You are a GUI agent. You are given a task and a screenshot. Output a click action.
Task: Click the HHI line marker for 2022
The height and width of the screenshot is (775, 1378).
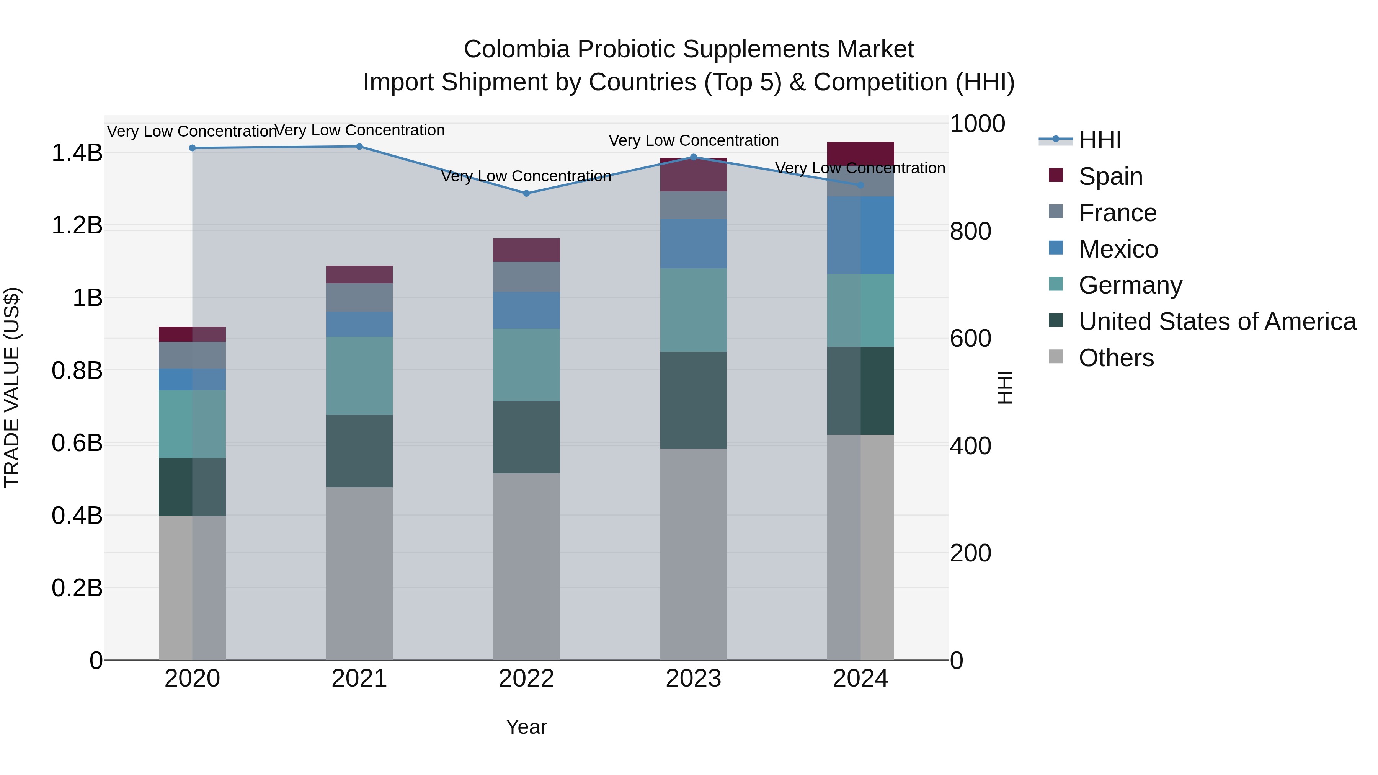(526, 193)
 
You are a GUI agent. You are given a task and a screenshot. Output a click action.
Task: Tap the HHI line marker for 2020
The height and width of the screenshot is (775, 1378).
(193, 148)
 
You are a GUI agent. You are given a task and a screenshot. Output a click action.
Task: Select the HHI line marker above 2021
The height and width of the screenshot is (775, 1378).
(359, 147)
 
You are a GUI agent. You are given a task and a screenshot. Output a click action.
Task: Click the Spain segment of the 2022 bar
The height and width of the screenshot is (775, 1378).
(526, 250)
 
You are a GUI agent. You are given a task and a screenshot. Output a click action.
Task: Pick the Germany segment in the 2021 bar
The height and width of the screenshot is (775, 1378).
(359, 375)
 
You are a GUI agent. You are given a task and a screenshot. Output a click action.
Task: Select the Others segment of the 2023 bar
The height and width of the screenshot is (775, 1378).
(693, 553)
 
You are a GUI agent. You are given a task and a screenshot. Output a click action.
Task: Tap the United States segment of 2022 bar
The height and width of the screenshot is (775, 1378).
(526, 437)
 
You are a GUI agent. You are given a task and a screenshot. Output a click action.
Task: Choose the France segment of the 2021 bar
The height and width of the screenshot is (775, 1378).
(359, 297)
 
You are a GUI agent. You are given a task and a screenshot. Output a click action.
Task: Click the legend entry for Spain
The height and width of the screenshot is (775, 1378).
(1110, 176)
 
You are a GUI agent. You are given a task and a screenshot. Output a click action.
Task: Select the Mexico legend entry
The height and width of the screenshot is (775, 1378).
(1118, 249)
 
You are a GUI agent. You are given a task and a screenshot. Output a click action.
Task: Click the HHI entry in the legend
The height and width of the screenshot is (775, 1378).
(1099, 140)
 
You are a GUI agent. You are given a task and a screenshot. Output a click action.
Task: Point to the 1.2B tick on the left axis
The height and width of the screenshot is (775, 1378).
(77, 225)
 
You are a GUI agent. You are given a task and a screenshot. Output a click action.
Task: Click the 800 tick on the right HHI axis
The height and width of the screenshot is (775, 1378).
(970, 232)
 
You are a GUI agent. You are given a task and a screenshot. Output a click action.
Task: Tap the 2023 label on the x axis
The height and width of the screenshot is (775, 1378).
(693, 679)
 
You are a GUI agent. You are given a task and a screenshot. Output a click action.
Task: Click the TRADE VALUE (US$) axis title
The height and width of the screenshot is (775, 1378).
(12, 387)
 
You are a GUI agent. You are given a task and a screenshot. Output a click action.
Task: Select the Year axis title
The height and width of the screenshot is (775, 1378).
(526, 727)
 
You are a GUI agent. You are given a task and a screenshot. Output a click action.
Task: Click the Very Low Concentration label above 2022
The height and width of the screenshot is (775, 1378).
(526, 176)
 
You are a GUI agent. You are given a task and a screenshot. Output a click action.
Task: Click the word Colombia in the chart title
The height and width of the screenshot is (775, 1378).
(517, 50)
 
